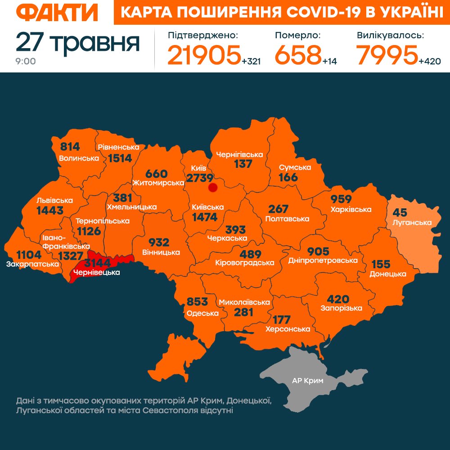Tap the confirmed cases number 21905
[204, 55]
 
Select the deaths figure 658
[297, 55]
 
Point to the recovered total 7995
[387, 55]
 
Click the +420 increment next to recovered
[429, 61]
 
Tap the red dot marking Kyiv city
[213, 188]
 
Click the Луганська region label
[412, 222]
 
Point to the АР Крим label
[308, 381]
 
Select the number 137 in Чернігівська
[243, 164]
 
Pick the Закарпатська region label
[32, 264]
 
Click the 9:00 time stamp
[26, 61]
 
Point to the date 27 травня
[77, 42]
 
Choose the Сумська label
[295, 167]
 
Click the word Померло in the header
[297, 35]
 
